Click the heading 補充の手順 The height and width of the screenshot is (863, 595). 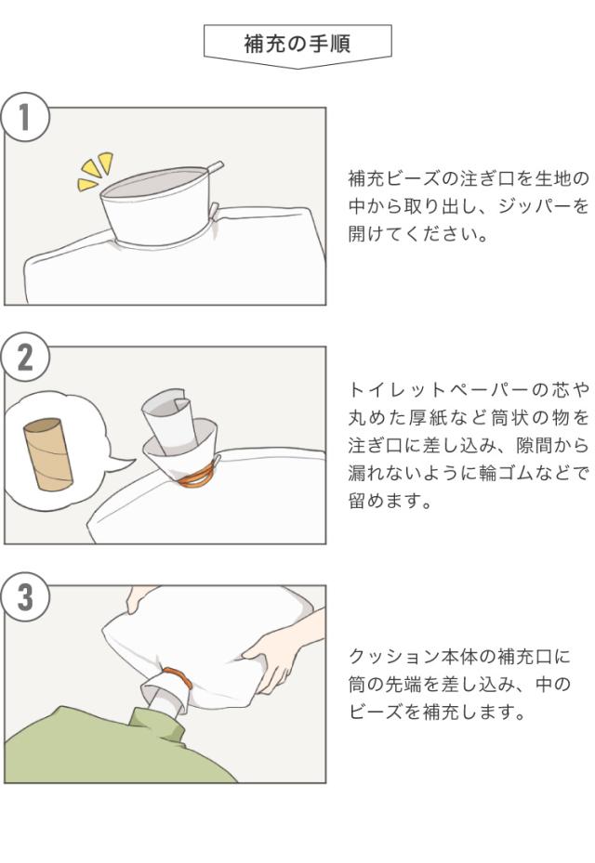297,44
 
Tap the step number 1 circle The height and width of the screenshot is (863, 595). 24,117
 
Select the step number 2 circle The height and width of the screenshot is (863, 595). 24,357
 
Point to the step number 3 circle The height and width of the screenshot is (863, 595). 24,597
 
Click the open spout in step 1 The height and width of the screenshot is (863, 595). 157,206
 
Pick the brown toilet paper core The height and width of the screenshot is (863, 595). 48,454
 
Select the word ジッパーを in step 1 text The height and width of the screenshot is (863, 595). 543,206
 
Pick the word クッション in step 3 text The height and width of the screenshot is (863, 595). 388,657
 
